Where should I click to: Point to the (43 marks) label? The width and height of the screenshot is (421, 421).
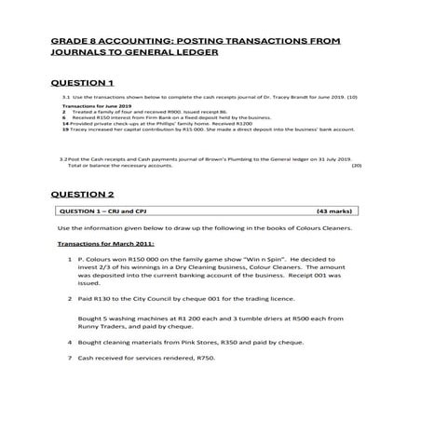click(x=336, y=211)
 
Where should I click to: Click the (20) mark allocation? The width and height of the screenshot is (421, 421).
click(x=356, y=165)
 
